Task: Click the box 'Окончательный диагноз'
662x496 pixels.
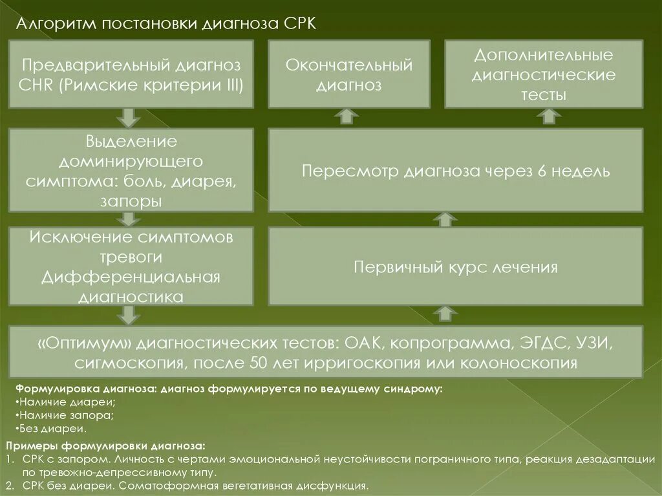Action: coord(349,74)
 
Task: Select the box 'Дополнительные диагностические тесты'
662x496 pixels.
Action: coord(544,74)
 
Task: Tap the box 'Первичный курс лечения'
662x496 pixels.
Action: coord(456,266)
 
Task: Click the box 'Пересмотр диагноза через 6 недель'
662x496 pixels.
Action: coord(456,171)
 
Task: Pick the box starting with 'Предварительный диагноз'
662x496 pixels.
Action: coord(131,74)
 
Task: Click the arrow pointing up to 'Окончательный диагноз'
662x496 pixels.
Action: coord(348,116)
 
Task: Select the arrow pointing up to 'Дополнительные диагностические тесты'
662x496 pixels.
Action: coord(550,116)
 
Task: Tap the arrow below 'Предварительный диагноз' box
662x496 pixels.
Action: coord(128,117)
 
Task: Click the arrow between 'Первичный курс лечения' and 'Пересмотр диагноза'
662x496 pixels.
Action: coord(443,219)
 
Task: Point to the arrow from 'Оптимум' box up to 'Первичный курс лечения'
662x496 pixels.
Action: coord(443,314)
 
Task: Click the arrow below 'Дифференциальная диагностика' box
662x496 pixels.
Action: coord(128,315)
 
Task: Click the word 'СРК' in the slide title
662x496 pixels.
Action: coord(299,24)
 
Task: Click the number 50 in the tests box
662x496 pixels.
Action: coord(257,362)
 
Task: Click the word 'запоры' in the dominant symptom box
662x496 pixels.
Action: coord(131,202)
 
